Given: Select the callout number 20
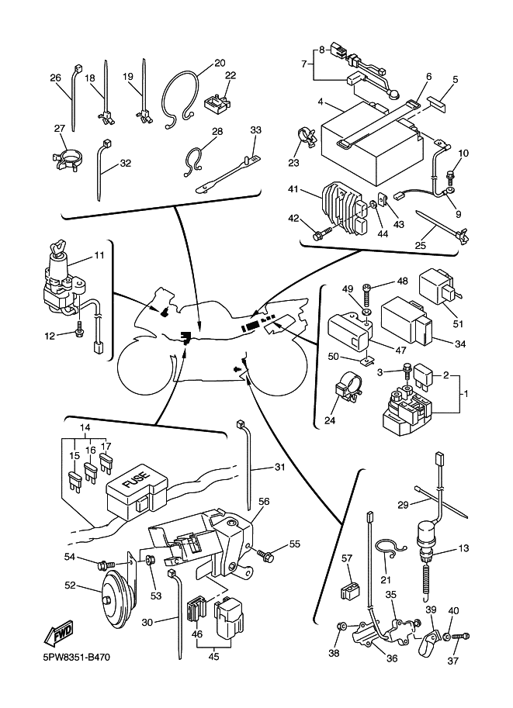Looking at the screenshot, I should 220,62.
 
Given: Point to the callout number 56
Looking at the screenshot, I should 264,502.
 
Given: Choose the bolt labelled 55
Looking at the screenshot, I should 269,555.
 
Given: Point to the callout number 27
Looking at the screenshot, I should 60,129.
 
